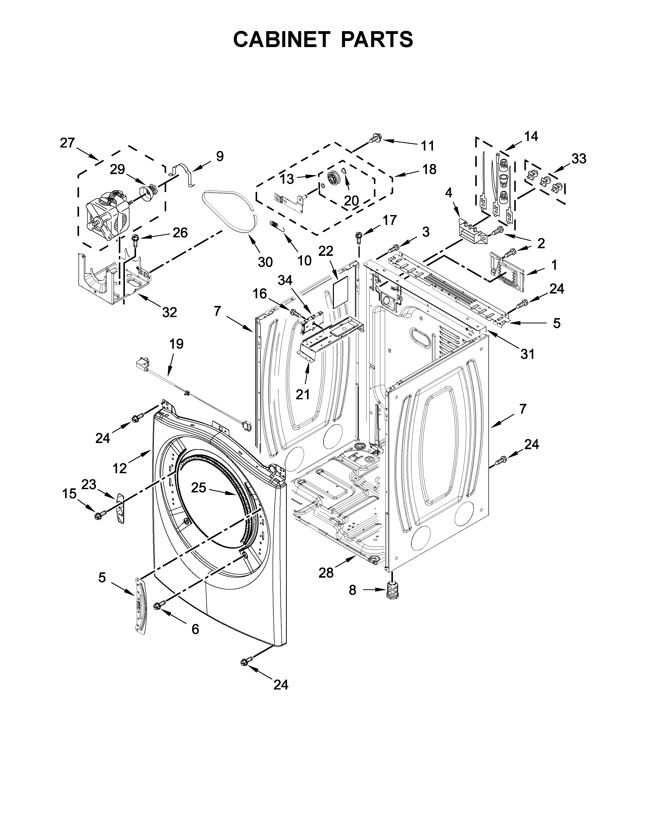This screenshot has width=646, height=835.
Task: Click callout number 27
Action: click(x=67, y=143)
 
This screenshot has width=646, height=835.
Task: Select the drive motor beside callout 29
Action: click(x=105, y=216)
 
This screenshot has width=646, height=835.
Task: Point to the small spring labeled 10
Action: click(x=276, y=225)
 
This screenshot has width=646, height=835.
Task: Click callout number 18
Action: click(x=430, y=169)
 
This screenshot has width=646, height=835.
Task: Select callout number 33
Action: click(x=579, y=158)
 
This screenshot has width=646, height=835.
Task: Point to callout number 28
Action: click(x=326, y=583)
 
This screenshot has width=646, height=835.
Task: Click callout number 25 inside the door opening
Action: click(x=199, y=488)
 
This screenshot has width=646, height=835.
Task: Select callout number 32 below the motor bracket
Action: click(x=169, y=312)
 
